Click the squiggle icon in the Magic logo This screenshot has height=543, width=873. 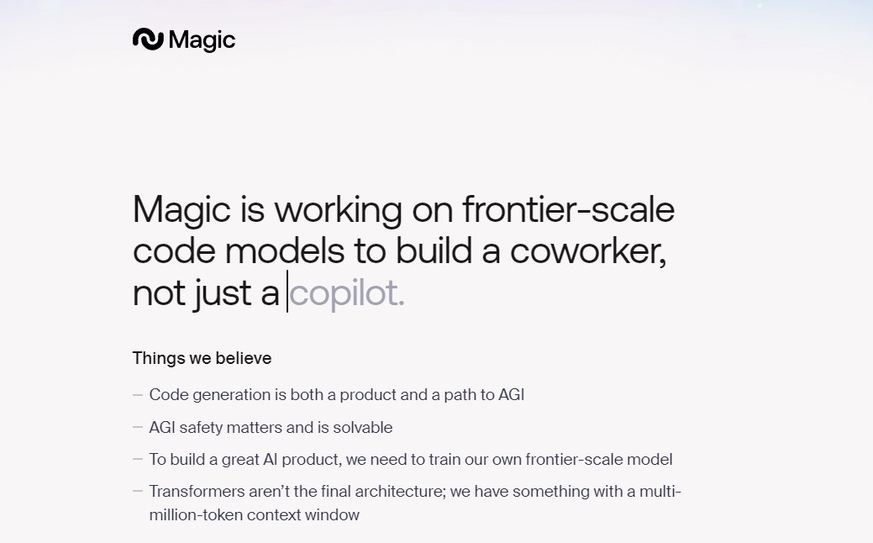(x=148, y=39)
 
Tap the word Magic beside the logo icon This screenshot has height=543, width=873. (x=202, y=40)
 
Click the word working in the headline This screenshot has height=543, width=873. (x=339, y=210)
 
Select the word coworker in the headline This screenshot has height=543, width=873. (x=588, y=251)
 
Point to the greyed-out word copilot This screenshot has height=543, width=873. (x=346, y=293)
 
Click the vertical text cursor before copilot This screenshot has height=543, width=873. (x=287, y=292)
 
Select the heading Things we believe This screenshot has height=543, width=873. (x=202, y=358)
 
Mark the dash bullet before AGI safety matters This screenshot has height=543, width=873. (x=138, y=427)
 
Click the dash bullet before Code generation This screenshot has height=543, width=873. (x=138, y=395)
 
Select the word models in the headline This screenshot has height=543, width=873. (x=285, y=251)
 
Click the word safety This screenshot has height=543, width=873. (x=201, y=428)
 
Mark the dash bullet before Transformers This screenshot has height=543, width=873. (x=138, y=491)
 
